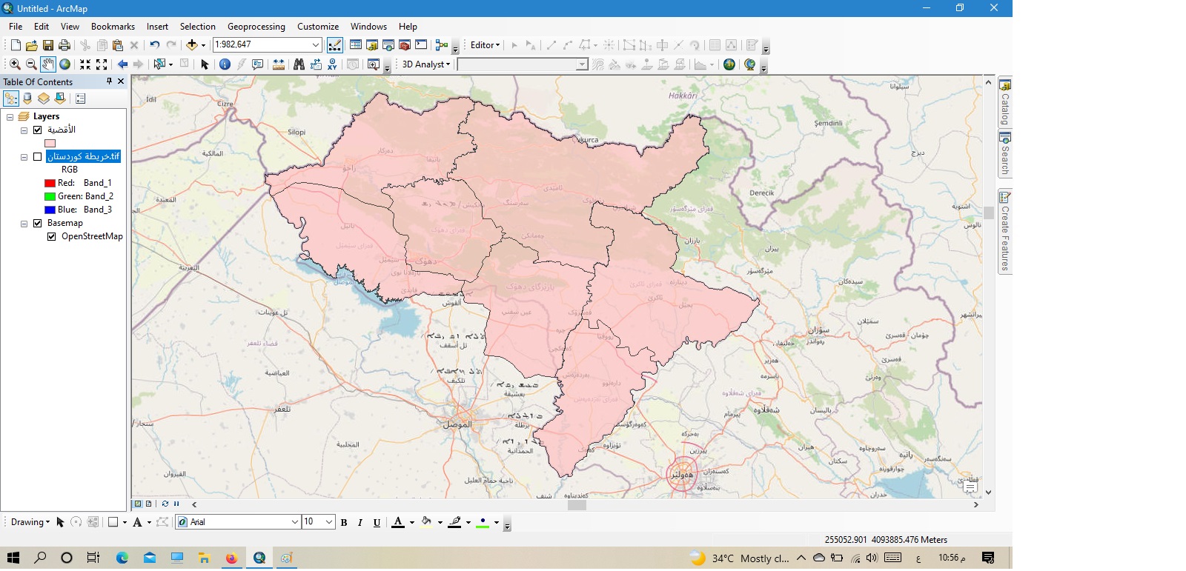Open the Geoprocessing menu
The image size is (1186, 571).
256,26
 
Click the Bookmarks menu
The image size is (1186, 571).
113,26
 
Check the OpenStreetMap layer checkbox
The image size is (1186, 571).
52,236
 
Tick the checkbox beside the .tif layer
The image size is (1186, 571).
37,156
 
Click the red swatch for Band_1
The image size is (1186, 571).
50,183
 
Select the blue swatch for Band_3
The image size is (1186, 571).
50,210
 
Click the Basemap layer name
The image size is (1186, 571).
65,223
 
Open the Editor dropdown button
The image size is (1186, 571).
485,45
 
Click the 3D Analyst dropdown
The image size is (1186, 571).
425,64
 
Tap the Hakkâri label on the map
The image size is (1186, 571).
683,96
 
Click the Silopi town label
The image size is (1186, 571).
296,132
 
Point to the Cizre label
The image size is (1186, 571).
225,104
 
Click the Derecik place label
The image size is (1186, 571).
761,193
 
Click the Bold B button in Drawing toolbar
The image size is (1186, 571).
344,522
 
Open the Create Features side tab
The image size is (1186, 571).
1005,233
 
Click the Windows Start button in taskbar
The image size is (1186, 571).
13,558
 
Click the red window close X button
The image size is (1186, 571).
994,8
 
